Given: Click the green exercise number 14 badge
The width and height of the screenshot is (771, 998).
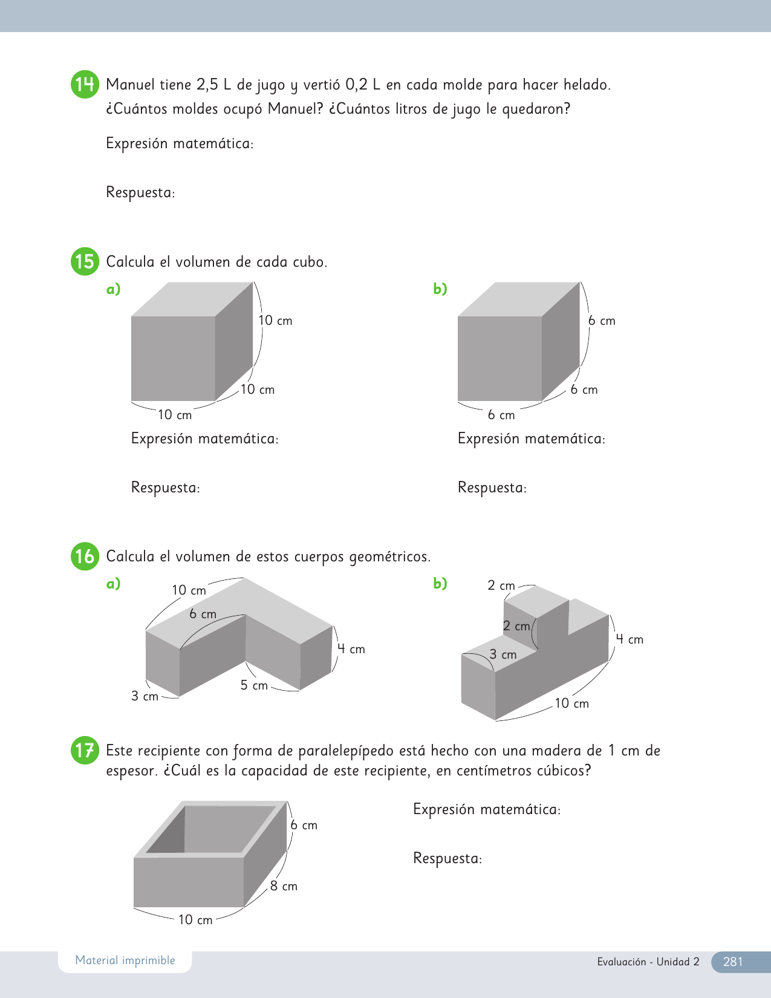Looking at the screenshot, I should pos(85,84).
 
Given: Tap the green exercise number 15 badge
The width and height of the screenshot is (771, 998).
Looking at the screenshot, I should pos(85,261).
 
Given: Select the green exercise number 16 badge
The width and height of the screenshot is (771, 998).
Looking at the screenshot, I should pos(85,556).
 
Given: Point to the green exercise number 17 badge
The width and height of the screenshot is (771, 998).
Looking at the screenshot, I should pos(85,750).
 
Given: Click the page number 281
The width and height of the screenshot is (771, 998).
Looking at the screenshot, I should pos(732,962).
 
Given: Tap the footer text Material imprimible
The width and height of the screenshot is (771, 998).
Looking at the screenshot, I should pos(125,960).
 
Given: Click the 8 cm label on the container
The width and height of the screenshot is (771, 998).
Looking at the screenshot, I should pos(284,886).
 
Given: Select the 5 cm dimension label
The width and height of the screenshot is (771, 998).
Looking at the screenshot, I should pos(254,685).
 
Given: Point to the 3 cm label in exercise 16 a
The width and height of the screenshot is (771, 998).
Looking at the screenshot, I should pos(145,696).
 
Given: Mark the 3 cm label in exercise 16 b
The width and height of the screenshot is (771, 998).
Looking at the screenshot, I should pos(503,654).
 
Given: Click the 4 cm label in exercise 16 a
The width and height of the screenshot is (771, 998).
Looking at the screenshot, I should pos(351,649).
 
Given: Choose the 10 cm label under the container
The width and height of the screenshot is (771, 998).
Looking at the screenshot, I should pos(195,920).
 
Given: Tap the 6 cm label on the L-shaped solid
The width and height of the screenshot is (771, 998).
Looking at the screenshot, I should pos(203,614).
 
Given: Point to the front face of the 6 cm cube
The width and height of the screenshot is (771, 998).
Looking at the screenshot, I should pos(499,358).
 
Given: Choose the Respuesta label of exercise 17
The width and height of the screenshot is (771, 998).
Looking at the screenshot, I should pos(447,858).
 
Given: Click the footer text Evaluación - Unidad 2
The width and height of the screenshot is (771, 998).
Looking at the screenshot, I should pos(648,962).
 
